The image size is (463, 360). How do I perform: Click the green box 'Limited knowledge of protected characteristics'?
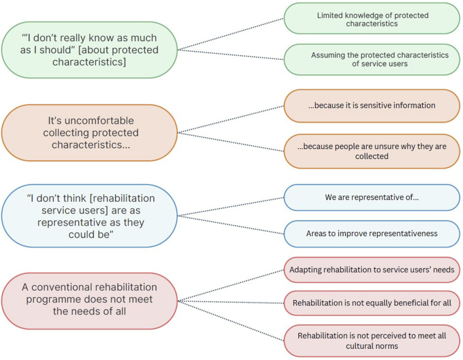pyautogui.click(x=372, y=20)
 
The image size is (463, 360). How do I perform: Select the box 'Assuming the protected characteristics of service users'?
pyautogui.click(x=372, y=59)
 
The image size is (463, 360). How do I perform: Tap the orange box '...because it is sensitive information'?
pyautogui.click(x=372, y=105)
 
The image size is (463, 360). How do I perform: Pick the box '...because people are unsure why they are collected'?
pyautogui.click(x=372, y=151)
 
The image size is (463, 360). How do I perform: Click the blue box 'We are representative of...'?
pyautogui.click(x=372, y=197)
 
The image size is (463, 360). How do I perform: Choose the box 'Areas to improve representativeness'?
pyautogui.click(x=372, y=234)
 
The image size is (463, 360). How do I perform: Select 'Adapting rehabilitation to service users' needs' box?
pyautogui.click(x=372, y=269)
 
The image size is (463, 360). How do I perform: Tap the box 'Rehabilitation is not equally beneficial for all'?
pyautogui.click(x=372, y=303)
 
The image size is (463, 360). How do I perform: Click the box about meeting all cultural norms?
pyautogui.click(x=372, y=342)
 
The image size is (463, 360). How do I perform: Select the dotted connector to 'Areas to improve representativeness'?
pyautogui.click(x=230, y=224)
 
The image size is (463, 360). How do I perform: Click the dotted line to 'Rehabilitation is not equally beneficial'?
pyautogui.click(x=230, y=302)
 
